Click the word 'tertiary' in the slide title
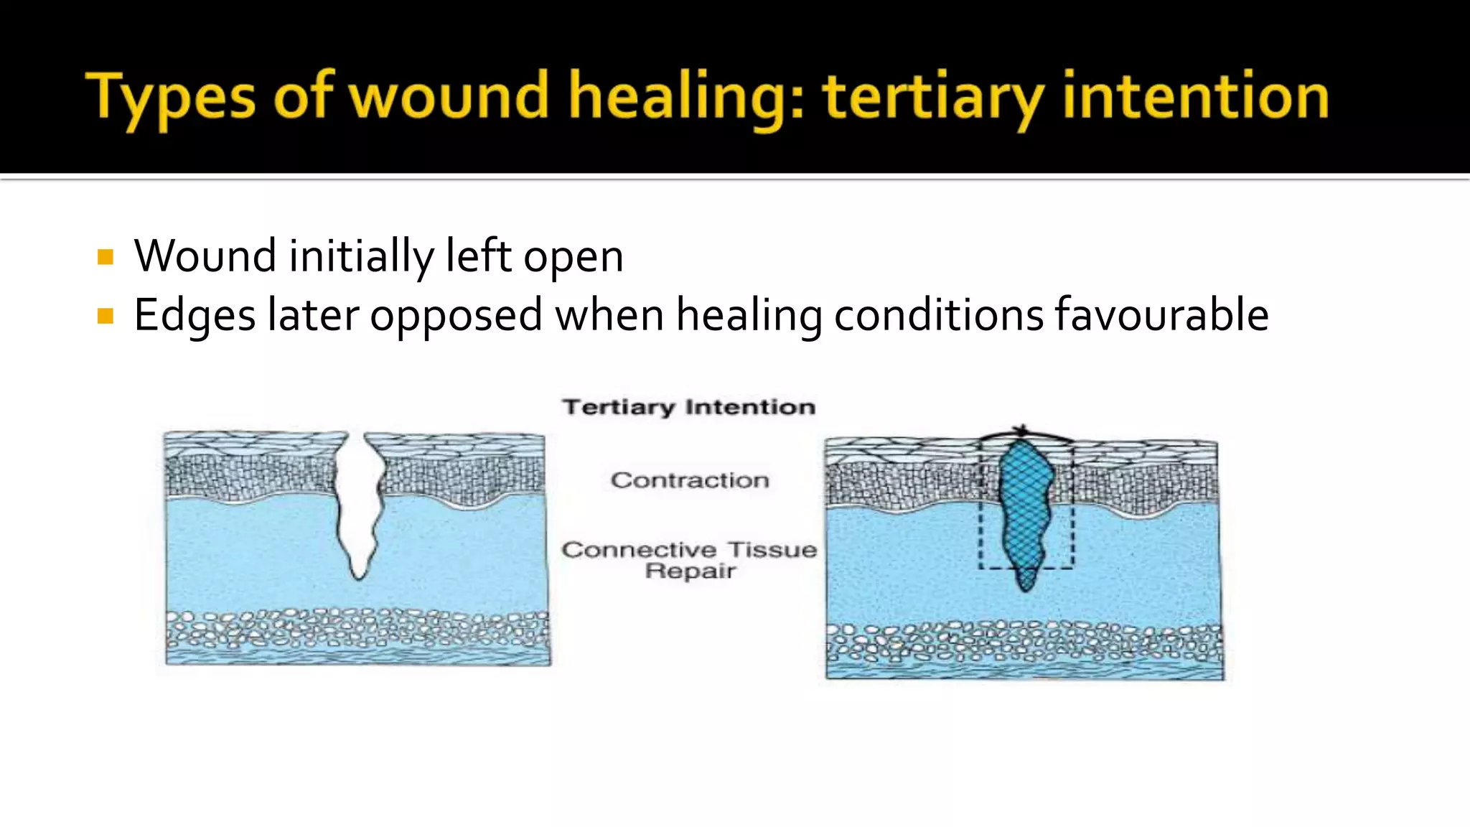[933, 97]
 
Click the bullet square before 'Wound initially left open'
[106, 257]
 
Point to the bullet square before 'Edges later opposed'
[106, 316]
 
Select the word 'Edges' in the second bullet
[195, 316]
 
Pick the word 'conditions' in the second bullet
[938, 315]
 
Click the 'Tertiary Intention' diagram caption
[688, 407]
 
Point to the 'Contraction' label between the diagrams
[690, 480]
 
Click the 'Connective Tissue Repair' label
[689, 560]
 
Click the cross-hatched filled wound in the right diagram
[1026, 510]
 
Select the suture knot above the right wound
[1022, 431]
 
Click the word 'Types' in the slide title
[171, 97]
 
